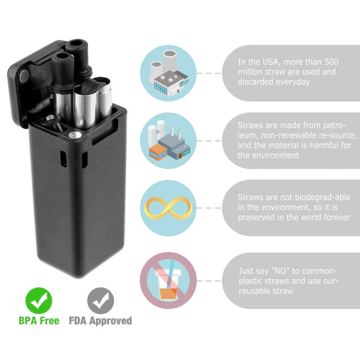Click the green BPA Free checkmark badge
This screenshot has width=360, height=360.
[x=39, y=301]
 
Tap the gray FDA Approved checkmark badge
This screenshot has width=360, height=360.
[x=100, y=301]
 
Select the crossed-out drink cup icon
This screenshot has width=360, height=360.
[x=168, y=280]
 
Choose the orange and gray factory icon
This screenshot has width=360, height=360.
[x=168, y=141]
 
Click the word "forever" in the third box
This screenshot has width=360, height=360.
[x=336, y=217]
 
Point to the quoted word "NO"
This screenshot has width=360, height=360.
[x=282, y=270]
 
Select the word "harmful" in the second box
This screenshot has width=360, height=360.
[x=326, y=145]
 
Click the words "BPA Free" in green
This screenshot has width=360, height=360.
[x=39, y=321]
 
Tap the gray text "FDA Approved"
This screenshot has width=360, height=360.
[x=100, y=321]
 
